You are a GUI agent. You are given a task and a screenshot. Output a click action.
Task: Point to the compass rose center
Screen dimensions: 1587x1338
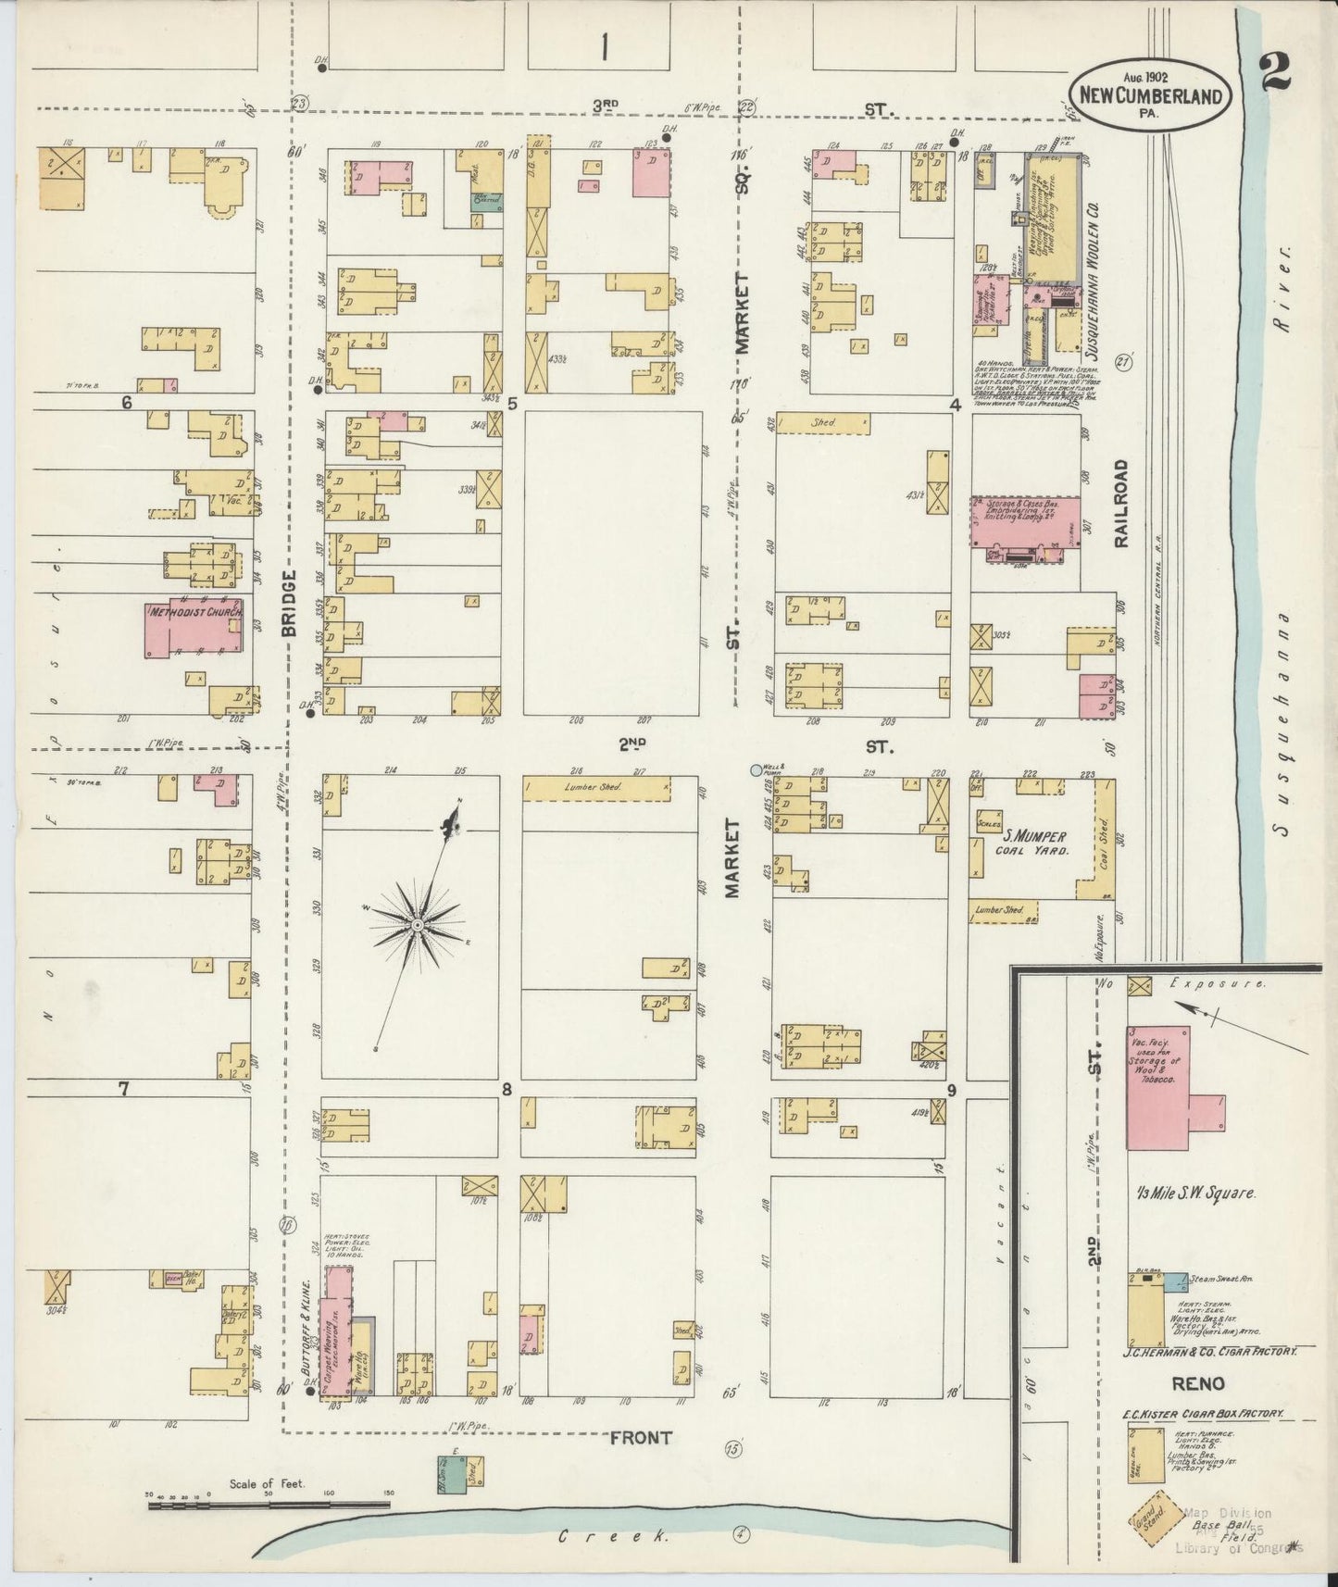pos(418,925)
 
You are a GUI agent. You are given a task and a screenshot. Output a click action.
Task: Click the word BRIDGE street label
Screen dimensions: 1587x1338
pos(289,603)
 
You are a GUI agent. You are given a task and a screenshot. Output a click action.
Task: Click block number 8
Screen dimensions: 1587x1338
pos(506,1089)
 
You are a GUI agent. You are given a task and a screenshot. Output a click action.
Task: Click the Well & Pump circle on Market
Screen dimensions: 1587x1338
pos(755,769)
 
